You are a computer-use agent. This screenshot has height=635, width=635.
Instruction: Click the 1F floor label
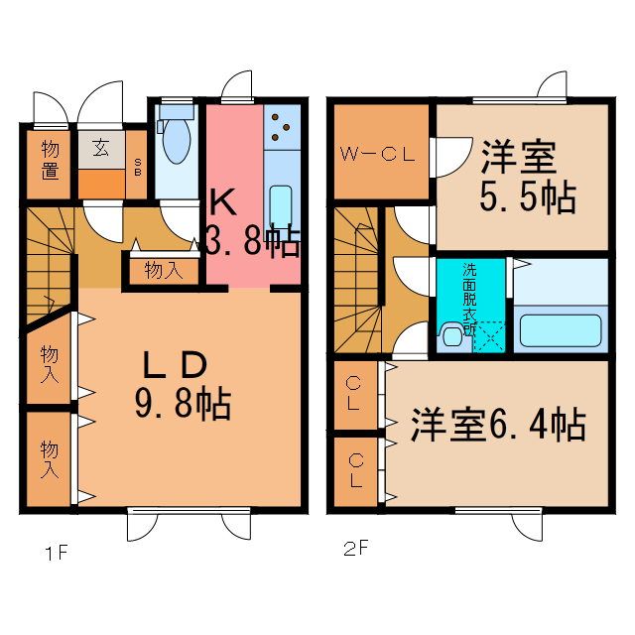[x=55, y=554]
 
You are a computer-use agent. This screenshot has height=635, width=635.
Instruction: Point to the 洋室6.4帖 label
[x=497, y=424]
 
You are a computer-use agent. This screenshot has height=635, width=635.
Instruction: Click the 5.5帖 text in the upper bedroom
[x=527, y=198]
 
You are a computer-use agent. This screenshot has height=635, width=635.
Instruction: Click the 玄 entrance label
[x=101, y=150]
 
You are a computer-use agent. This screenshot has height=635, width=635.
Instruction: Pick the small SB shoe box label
[x=138, y=166]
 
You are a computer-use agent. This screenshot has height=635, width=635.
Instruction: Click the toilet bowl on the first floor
[x=176, y=141]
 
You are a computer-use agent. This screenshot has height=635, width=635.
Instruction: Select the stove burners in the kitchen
[x=282, y=125]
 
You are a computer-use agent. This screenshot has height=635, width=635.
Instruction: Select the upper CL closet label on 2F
[x=354, y=393]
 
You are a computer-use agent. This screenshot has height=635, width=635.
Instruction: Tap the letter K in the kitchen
[x=221, y=202]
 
